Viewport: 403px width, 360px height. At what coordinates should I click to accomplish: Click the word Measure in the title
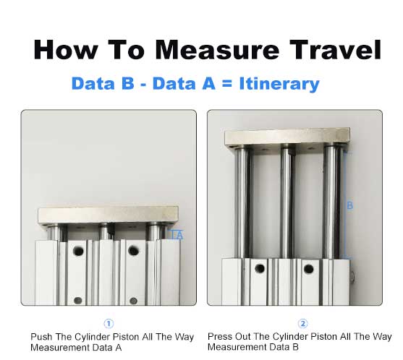click(x=217, y=50)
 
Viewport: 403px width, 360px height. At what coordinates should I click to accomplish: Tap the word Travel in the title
click(x=336, y=50)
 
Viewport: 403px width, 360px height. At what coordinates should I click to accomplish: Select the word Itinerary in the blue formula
click(x=279, y=85)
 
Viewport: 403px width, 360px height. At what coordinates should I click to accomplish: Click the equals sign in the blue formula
click(x=227, y=84)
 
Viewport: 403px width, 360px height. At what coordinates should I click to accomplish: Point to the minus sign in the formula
click(x=143, y=85)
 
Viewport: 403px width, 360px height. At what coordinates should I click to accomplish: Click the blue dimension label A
click(x=180, y=236)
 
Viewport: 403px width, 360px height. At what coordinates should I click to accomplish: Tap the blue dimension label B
click(x=349, y=205)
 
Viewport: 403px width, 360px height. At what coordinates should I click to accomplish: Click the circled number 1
click(x=109, y=324)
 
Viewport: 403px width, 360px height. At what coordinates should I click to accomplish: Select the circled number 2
click(x=303, y=323)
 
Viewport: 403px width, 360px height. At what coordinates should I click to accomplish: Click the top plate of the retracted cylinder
click(x=109, y=215)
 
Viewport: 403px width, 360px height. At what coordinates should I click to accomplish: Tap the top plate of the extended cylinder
click(x=287, y=137)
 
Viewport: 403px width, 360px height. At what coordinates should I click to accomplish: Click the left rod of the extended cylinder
click(x=242, y=202)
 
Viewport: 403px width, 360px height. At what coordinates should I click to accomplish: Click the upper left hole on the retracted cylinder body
click(x=78, y=251)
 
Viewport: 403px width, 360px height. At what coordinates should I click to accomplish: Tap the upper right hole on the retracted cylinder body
click(x=133, y=251)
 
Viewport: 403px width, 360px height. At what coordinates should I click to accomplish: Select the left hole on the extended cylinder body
click(x=260, y=269)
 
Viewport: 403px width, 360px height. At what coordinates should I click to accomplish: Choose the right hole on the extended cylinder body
click(x=308, y=269)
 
